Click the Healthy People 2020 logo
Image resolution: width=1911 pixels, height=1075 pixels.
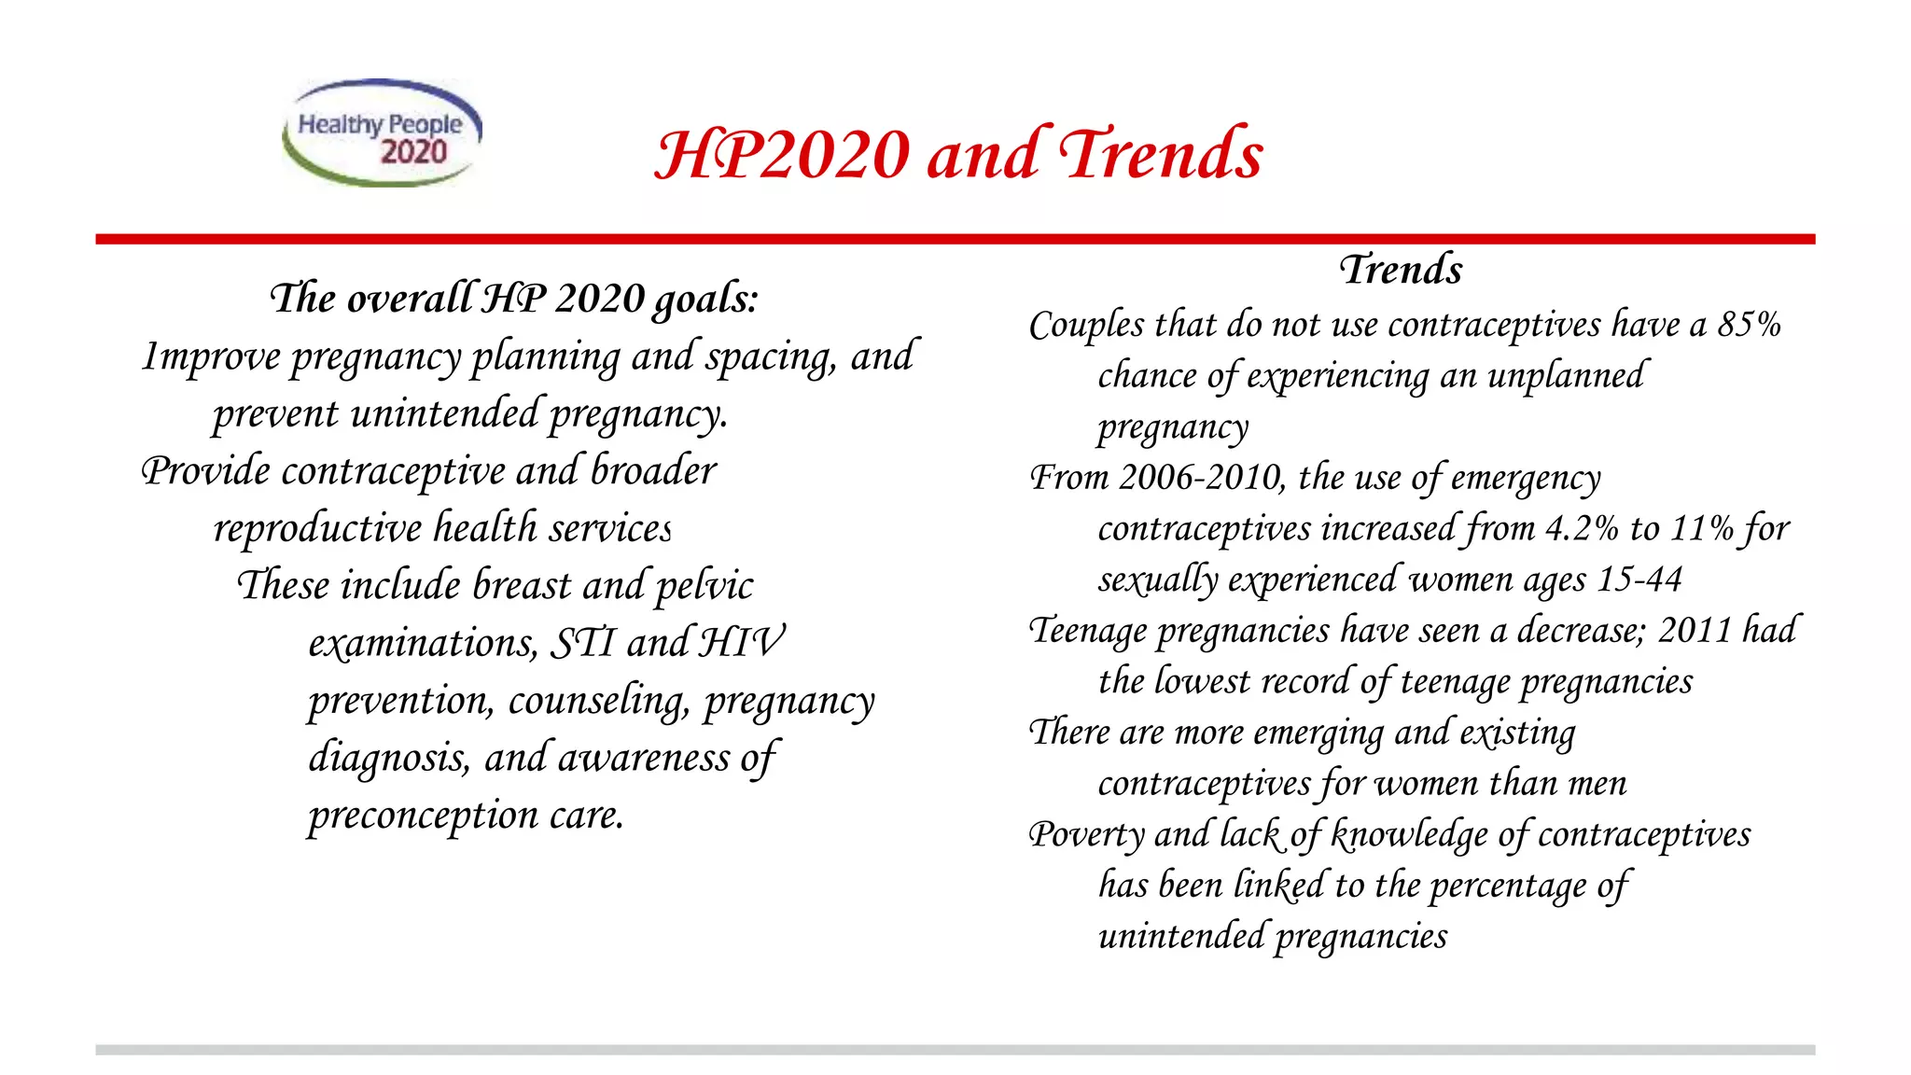383,133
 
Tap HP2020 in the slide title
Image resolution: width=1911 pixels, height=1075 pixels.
782,154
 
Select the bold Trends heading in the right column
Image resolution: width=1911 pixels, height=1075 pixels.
1401,270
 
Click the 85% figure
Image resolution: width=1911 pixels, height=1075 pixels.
1750,325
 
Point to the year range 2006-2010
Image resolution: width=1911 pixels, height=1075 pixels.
1202,478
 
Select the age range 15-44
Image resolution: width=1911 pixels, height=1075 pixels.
1639,579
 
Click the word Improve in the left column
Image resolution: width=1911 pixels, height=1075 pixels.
211,357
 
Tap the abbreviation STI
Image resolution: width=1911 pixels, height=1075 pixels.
583,643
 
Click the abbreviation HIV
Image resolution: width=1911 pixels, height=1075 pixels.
742,643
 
